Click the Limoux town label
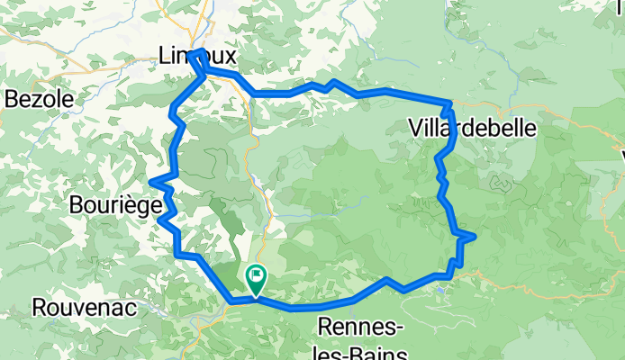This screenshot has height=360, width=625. click(197, 56)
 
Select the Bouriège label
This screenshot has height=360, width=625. click(114, 205)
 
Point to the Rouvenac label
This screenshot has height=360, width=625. click(84, 308)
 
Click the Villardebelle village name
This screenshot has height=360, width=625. click(473, 129)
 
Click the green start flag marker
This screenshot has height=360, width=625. click(255, 280)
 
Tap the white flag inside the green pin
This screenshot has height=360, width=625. click(256, 275)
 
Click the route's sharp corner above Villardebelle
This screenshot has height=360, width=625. click(449, 102)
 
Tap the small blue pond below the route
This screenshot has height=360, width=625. click(440, 290)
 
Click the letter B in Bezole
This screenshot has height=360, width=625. click(12, 100)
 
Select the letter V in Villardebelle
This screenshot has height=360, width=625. click(415, 129)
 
